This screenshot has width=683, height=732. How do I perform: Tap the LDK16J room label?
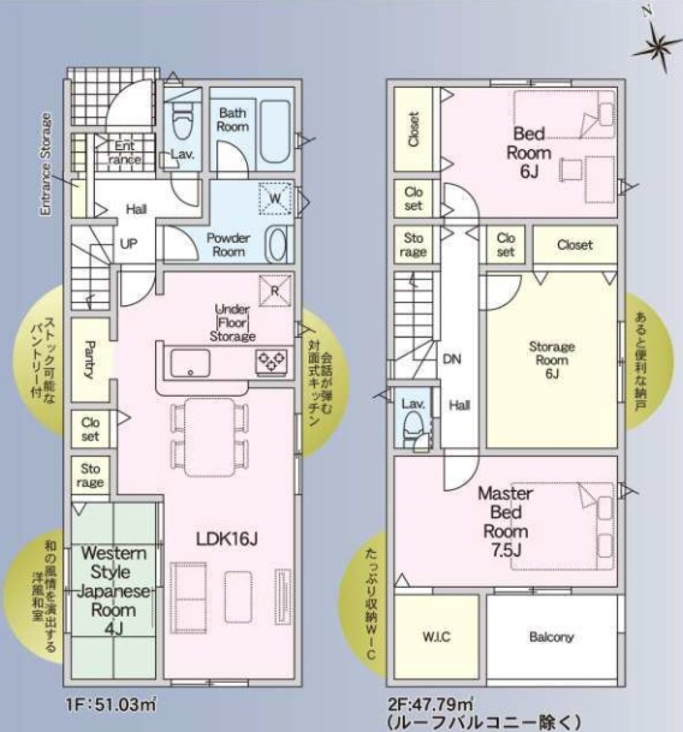pyautogui.click(x=227, y=539)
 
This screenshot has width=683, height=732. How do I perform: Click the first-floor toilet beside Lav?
pyautogui.click(x=182, y=120)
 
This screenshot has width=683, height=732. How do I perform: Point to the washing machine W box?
pyautogui.click(x=275, y=199)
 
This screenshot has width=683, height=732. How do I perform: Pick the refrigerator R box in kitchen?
pyautogui.click(x=275, y=291)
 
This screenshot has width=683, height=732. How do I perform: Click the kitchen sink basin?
pyautogui.click(x=190, y=363)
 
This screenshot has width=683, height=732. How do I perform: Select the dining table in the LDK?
pyautogui.click(x=210, y=437)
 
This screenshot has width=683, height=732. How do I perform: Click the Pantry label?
pyautogui.click(x=89, y=359)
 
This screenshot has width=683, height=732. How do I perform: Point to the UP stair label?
pyautogui.click(x=129, y=244)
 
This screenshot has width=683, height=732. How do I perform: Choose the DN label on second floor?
pyautogui.click(x=452, y=359)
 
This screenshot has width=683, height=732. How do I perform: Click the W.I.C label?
pyautogui.click(x=436, y=637)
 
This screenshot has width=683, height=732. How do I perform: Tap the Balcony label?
pyautogui.click(x=551, y=637)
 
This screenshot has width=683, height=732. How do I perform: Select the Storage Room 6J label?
pyautogui.click(x=552, y=360)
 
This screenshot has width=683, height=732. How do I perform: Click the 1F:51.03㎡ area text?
pyautogui.click(x=111, y=704)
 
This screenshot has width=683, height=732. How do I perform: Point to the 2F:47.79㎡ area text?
pyautogui.click(x=430, y=703)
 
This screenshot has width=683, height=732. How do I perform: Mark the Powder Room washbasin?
pyautogui.click(x=277, y=244)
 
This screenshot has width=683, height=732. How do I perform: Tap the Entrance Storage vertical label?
pyautogui.click(x=45, y=165)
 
